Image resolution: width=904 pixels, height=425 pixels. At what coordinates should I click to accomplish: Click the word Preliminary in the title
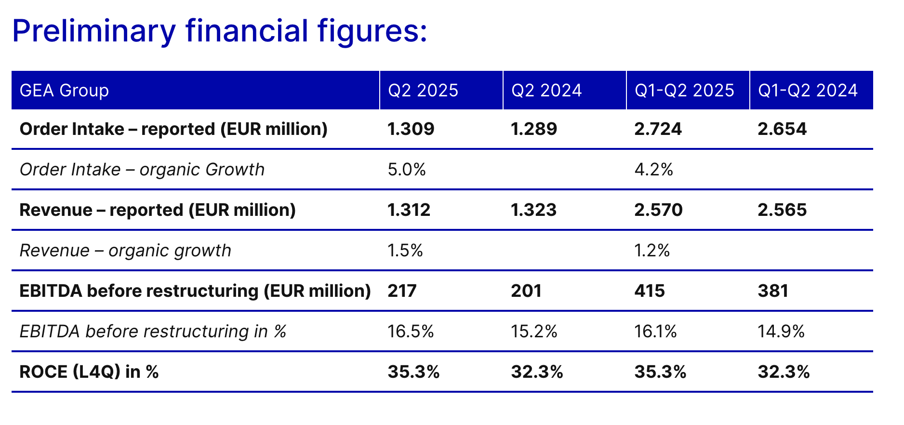click(94, 31)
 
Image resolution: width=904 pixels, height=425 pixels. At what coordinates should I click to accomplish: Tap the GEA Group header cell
click(64, 91)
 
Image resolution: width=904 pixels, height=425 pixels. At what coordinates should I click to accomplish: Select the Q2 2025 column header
click(423, 91)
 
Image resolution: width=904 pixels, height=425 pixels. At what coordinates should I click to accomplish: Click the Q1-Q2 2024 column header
click(808, 91)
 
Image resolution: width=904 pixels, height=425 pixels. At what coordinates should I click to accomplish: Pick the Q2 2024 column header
click(546, 91)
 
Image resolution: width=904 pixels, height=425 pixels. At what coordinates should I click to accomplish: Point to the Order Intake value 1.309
click(411, 129)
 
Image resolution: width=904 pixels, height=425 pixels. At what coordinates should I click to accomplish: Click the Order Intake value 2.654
click(782, 129)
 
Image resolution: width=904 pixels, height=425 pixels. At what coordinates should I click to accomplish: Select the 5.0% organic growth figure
click(407, 170)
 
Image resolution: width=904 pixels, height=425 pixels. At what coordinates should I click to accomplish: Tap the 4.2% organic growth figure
click(654, 170)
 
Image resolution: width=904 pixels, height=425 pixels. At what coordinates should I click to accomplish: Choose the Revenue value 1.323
click(534, 210)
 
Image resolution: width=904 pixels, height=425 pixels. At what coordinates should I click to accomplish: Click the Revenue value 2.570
click(659, 210)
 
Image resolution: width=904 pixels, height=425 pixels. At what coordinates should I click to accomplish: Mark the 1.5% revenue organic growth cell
click(405, 251)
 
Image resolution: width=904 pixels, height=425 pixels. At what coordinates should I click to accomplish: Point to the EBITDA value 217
click(402, 291)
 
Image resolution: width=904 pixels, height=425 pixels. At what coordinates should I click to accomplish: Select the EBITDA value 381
click(773, 291)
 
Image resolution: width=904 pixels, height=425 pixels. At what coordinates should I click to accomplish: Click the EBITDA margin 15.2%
click(534, 332)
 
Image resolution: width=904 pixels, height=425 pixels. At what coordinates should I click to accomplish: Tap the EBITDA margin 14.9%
click(781, 332)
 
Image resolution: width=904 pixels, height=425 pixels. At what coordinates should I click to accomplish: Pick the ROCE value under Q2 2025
click(414, 372)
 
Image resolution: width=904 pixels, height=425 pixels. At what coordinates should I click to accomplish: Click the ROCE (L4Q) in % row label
click(89, 372)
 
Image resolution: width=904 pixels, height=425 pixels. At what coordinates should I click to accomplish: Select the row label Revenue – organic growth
click(125, 251)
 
